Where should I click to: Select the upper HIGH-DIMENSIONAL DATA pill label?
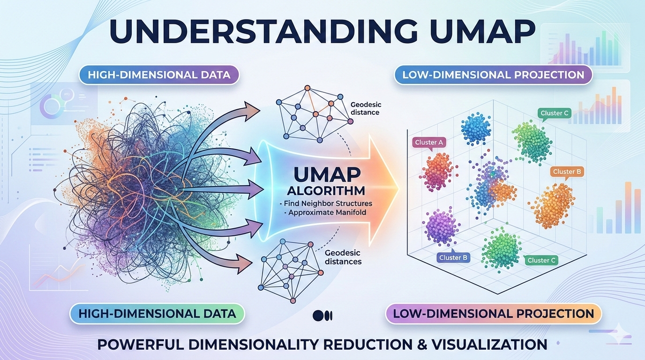tap(159, 75)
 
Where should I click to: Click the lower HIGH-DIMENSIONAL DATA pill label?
tap(157, 314)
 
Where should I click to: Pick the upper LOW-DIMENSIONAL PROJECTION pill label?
tap(493, 75)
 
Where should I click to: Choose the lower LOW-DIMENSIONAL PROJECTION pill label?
tap(494, 314)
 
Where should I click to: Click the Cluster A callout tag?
tap(429, 143)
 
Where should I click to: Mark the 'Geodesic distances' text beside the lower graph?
tap(343, 257)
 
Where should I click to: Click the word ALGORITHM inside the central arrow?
tap(326, 191)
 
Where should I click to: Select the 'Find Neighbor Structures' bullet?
tap(326, 203)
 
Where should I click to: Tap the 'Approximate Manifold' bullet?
tap(325, 212)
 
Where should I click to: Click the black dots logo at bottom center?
tap(322, 315)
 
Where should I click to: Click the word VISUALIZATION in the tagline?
tap(489, 345)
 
